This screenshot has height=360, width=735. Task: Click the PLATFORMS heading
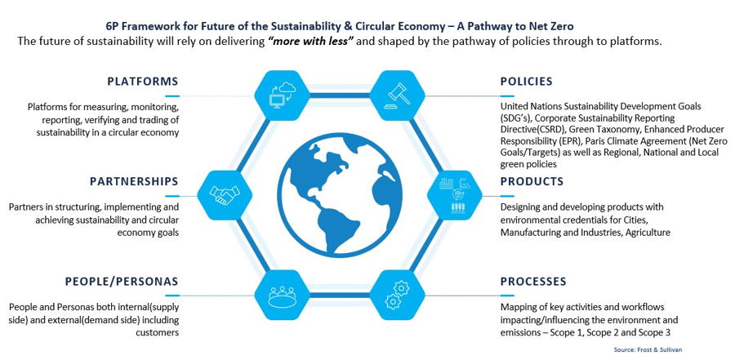(142, 82)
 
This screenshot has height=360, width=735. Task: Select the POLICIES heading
(527, 82)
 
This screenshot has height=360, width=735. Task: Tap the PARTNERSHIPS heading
(134, 181)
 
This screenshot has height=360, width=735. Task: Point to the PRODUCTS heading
(532, 181)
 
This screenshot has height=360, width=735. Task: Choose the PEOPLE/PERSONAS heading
(122, 282)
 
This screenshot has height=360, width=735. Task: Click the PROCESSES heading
(533, 282)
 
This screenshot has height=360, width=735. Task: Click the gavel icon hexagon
(397, 96)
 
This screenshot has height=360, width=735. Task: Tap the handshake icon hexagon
(225, 195)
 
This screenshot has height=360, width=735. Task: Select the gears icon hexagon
(397, 295)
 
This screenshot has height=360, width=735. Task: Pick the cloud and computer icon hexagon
(282, 96)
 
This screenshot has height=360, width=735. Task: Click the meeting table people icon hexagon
(282, 295)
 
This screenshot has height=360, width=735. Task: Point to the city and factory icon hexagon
(455, 195)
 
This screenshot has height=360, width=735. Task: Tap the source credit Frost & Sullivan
(651, 349)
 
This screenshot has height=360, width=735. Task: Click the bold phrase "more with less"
(311, 42)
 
